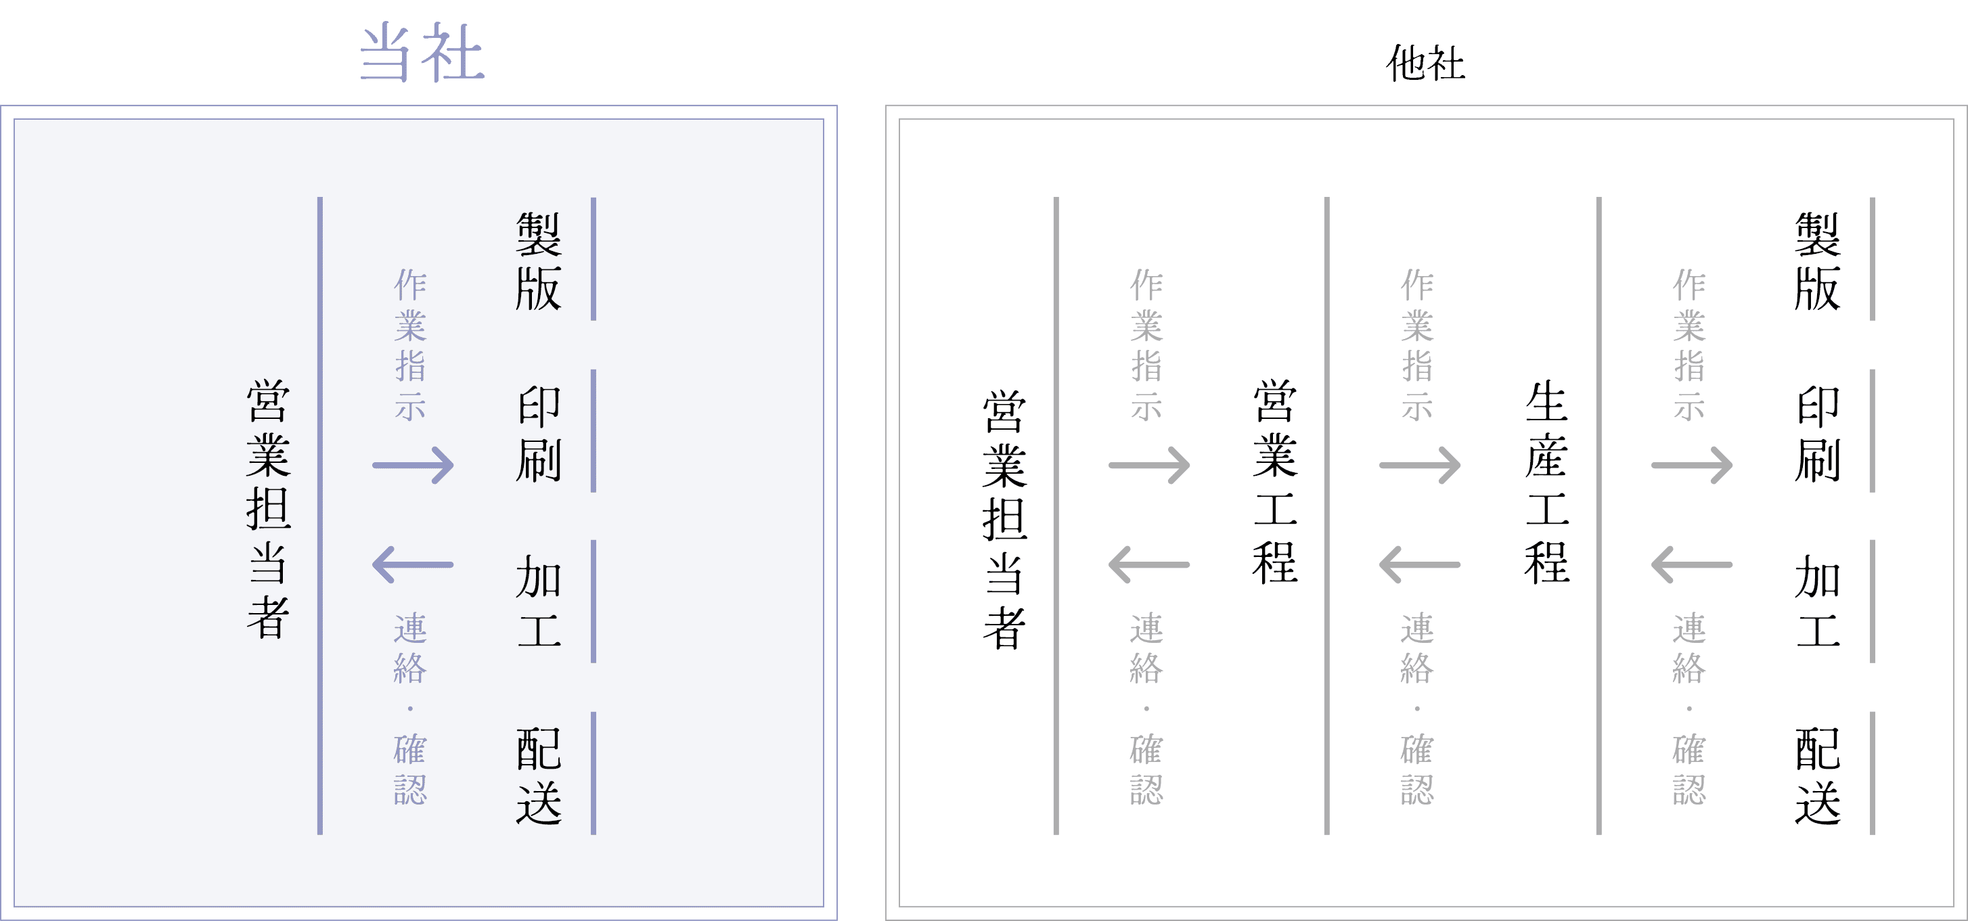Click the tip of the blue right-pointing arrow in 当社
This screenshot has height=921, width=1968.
click(x=453, y=465)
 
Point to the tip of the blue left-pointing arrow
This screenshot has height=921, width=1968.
click(x=373, y=565)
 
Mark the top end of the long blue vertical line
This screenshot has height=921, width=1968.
click(x=320, y=198)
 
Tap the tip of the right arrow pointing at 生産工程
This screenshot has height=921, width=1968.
click(x=1460, y=465)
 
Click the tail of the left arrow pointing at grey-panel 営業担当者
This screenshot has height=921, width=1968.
click(x=1189, y=565)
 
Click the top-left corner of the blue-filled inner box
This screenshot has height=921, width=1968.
click(x=14, y=119)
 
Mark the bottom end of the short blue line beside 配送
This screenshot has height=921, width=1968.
click(x=594, y=834)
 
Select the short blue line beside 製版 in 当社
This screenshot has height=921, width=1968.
click(x=594, y=259)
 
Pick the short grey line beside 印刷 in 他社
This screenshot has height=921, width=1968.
click(x=1873, y=430)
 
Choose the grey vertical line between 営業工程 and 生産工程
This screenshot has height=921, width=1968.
click(x=1327, y=516)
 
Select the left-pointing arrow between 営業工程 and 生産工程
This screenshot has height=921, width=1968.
click(x=1419, y=565)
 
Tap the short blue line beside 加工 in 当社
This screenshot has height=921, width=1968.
click(x=594, y=602)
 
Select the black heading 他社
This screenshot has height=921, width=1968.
click(x=1425, y=64)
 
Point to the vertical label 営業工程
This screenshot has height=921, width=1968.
click(x=1275, y=481)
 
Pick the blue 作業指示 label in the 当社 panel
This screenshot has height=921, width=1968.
click(x=410, y=344)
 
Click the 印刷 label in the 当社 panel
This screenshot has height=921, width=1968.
click(x=539, y=433)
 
